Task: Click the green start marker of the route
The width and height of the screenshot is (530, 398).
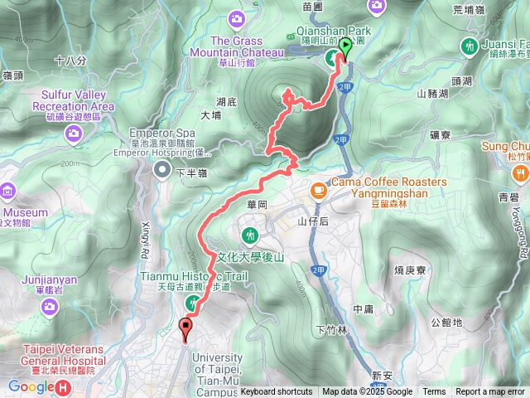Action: (344, 48)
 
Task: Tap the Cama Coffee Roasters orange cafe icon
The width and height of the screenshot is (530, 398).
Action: (317, 190)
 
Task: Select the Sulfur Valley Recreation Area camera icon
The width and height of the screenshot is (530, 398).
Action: (75, 132)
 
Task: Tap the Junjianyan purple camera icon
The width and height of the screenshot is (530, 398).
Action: (51, 307)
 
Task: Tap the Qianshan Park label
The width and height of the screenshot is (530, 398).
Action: (334, 30)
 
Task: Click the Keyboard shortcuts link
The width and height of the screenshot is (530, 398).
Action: (277, 392)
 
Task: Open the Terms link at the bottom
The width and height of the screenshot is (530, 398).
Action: (434, 392)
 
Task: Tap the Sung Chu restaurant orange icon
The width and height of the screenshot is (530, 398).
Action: (520, 173)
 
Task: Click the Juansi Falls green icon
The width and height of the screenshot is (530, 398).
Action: (470, 47)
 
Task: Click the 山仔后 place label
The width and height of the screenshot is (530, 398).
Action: (313, 221)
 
